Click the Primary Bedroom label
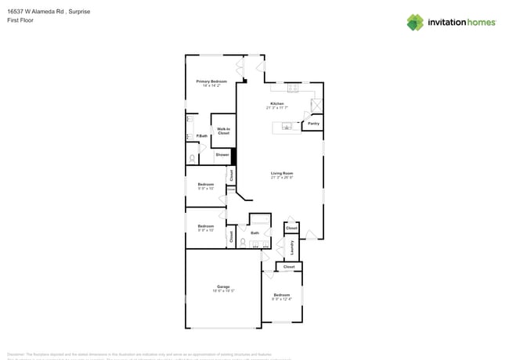(211, 81)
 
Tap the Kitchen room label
(277, 103)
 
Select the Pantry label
(313, 123)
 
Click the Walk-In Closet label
(223, 131)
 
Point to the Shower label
(222, 154)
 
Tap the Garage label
(223, 286)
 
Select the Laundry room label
(292, 247)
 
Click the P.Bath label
(201, 136)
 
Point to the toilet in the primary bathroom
(193, 159)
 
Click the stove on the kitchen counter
(291, 87)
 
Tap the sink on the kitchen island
(287, 127)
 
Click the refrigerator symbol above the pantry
(316, 106)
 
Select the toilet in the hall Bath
(244, 242)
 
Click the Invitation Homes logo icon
(415, 22)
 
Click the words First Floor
(20, 20)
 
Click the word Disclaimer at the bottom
(17, 354)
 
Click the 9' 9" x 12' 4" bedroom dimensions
(282, 298)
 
